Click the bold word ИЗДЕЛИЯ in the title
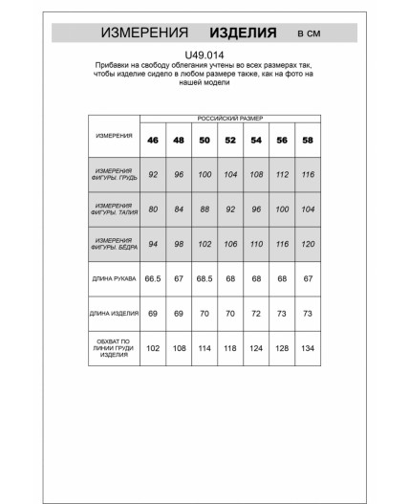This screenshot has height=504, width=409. [244, 33]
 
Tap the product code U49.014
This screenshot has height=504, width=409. [204, 55]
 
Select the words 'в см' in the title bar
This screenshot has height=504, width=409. [309, 33]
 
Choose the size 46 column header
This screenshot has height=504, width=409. [153, 141]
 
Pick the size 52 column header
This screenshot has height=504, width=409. [229, 141]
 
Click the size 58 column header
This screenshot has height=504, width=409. [307, 141]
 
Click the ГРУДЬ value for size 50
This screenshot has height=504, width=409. [204, 174]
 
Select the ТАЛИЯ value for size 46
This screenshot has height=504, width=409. [153, 208]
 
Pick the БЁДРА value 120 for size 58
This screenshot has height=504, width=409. [307, 243]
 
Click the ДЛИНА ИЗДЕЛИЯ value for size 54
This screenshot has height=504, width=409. [255, 313]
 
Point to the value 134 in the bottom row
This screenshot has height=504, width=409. [307, 347]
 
